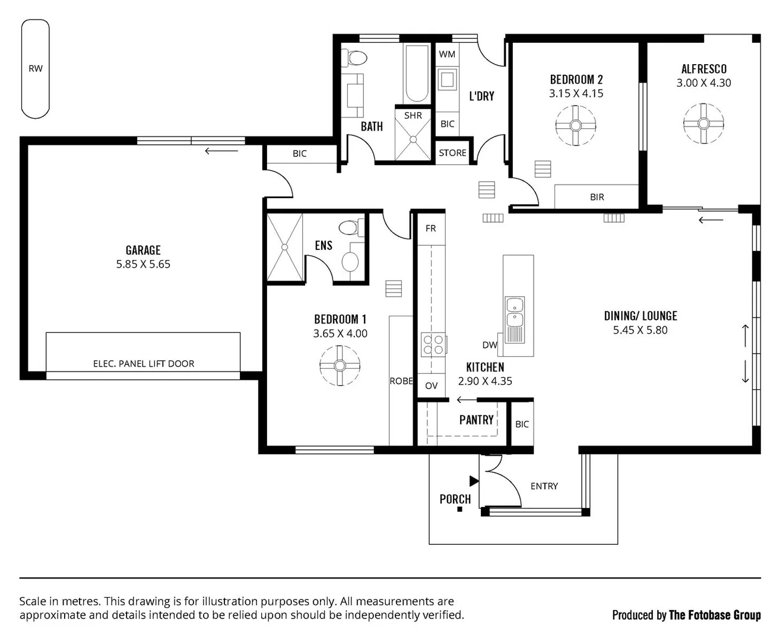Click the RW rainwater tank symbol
[36, 68]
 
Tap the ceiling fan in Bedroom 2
[575, 125]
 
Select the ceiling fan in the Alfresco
[703, 123]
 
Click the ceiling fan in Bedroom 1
[340, 365]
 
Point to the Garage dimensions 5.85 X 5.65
[143, 264]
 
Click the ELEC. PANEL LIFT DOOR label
[144, 363]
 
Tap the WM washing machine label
[447, 54]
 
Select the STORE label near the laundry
[452, 153]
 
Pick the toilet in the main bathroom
[357, 58]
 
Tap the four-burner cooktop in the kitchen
[433, 345]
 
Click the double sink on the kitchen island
[513, 320]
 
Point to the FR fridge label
[430, 228]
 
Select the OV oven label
[431, 385]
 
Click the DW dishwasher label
[490, 345]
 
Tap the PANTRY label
[476, 420]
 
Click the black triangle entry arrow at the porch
[474, 480]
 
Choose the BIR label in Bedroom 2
[597, 197]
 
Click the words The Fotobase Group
[715, 615]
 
